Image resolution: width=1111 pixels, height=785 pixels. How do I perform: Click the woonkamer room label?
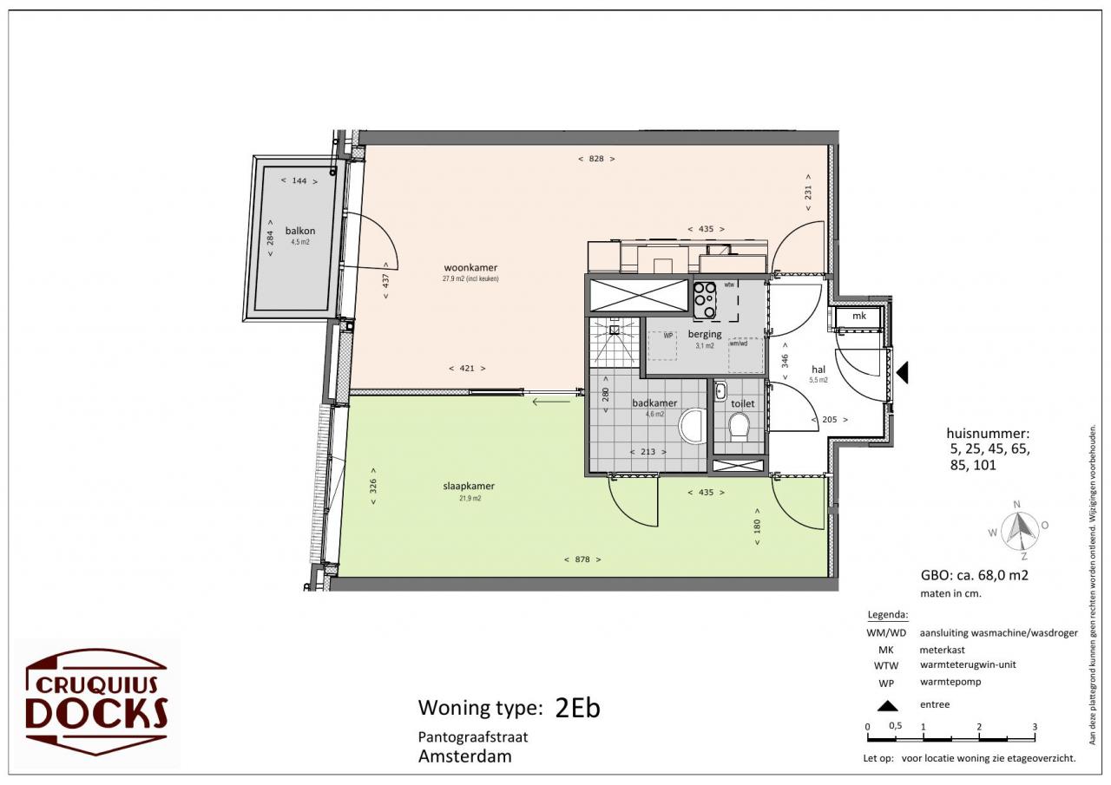click(x=470, y=268)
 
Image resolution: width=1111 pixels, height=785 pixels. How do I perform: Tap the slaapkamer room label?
click(x=469, y=486)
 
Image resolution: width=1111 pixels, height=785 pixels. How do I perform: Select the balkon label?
click(x=300, y=231)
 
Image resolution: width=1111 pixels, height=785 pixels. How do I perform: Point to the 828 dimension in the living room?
click(x=596, y=159)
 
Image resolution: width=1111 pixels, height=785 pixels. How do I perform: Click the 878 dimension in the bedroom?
click(x=582, y=559)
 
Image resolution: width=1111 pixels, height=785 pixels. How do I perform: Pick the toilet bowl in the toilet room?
click(x=739, y=427)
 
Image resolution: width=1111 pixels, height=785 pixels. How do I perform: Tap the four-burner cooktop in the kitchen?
click(x=704, y=300)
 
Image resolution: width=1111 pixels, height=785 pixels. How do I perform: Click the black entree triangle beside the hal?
click(x=903, y=372)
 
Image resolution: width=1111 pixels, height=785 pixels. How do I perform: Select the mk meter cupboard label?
click(x=859, y=316)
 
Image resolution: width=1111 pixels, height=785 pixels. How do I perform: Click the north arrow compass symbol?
click(x=1019, y=531)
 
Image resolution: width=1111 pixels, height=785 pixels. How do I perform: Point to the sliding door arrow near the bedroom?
click(x=551, y=402)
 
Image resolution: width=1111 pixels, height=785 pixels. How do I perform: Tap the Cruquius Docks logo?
click(x=96, y=702)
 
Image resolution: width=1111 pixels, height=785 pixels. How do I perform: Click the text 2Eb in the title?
click(x=577, y=708)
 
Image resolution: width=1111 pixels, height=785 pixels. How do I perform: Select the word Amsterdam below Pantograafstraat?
click(x=464, y=756)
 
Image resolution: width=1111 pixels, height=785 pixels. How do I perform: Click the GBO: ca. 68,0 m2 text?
click(x=975, y=575)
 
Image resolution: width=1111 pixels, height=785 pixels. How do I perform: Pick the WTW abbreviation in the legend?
click(x=886, y=666)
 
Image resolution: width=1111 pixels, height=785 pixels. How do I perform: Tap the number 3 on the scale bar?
click(x=1035, y=727)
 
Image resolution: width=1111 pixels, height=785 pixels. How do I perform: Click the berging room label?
click(x=704, y=334)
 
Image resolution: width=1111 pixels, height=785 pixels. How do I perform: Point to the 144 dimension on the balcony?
click(x=299, y=181)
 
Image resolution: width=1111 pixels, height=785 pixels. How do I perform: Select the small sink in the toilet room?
click(x=720, y=391)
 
